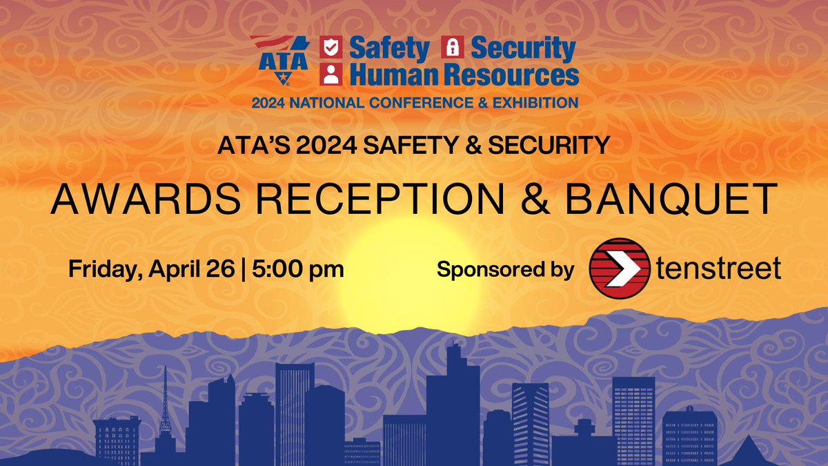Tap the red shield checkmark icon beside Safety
pyautogui.click(x=333, y=48)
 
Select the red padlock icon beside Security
pyautogui.click(x=452, y=48)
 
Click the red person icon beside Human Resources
pyautogui.click(x=333, y=73)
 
